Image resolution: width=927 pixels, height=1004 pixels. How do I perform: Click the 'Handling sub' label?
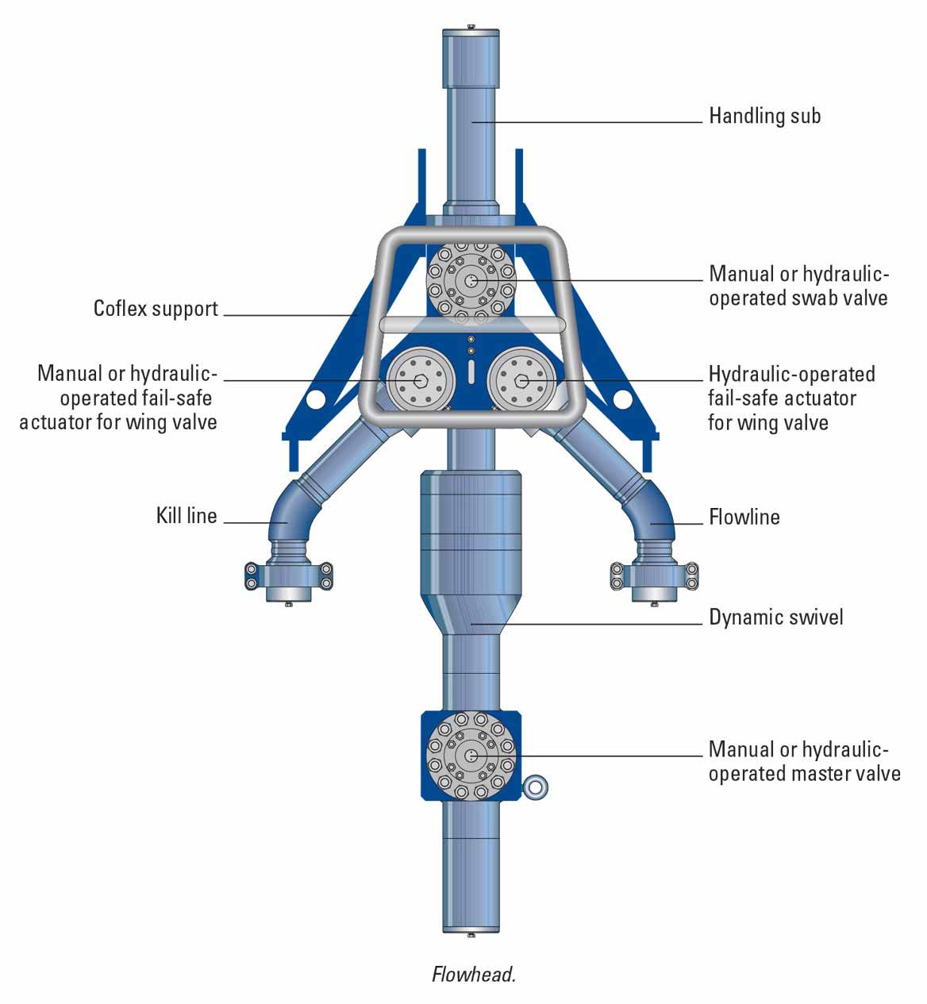764,116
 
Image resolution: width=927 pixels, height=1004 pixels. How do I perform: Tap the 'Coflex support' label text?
156,308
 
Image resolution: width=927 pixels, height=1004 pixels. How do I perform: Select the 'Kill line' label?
187,516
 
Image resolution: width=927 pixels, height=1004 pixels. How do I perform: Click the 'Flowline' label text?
744,517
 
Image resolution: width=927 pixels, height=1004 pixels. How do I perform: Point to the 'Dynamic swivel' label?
775,617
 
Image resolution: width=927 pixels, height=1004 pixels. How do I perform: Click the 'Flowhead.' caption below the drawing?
474,975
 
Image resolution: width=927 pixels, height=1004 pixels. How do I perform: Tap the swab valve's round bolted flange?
471,280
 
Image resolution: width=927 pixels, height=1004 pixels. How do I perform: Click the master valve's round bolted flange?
471,755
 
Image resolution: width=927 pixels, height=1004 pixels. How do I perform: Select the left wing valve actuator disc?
421,380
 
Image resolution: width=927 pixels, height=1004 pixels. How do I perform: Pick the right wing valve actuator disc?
521,380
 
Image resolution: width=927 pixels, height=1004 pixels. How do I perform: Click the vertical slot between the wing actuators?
471,371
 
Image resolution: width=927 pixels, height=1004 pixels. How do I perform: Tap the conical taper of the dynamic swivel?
471,613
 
